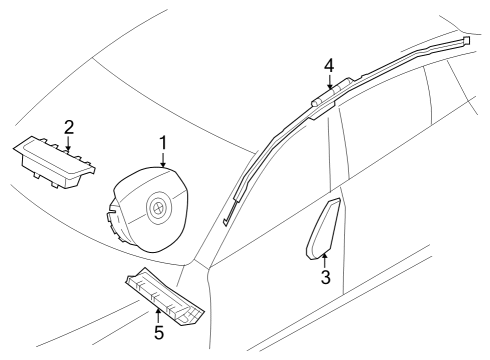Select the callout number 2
pyautogui.click(x=68, y=127)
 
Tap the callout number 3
pyautogui.click(x=325, y=277)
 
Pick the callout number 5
pyautogui.click(x=157, y=331)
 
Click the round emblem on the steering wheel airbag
pyautogui.click(x=156, y=209)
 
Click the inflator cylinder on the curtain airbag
pyautogui.click(x=328, y=96)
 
